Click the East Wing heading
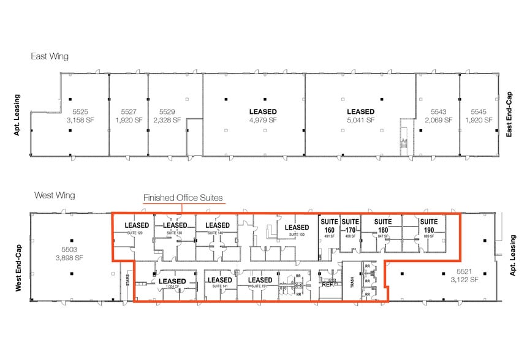coord(50,56)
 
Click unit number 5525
coord(81,111)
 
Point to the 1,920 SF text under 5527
coord(129,121)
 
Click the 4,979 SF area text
coord(263,121)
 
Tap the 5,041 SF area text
coord(360,121)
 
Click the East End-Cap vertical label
coord(509,114)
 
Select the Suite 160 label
coord(329,225)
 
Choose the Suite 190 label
coord(428,225)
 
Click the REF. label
coord(327,284)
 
